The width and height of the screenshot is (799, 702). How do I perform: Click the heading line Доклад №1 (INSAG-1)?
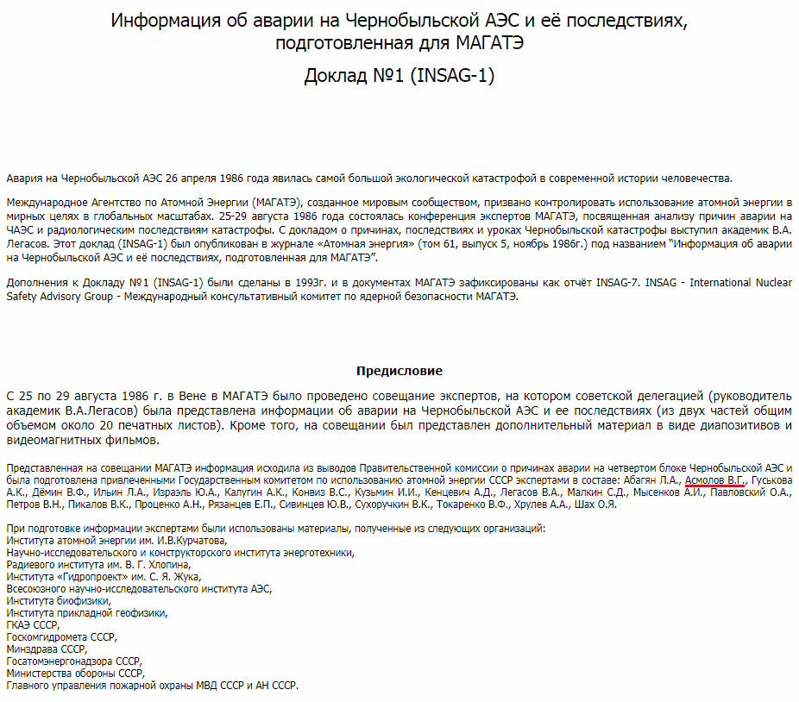pyautogui.click(x=399, y=76)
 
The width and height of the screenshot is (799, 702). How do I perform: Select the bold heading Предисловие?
pyautogui.click(x=399, y=371)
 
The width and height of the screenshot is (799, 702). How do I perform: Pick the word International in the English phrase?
pyautogui.click(x=710, y=283)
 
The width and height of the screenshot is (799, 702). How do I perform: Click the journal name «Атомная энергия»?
pyautogui.click(x=368, y=245)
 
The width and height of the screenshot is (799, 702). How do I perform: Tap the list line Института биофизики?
pyautogui.click(x=59, y=601)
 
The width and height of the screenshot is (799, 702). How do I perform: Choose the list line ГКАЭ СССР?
pyautogui.click(x=33, y=625)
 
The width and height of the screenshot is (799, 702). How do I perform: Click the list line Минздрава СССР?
pyautogui.click(x=47, y=649)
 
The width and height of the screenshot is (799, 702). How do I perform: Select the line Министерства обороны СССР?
pyautogui.click(x=76, y=674)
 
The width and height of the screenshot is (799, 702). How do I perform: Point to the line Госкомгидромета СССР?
pyautogui.click(x=60, y=637)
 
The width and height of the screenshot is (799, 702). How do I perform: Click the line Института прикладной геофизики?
pyautogui.click(x=87, y=613)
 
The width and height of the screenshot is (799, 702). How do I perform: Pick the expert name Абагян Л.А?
pyautogui.click(x=651, y=479)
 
